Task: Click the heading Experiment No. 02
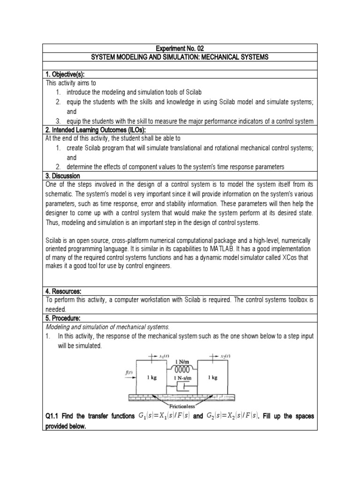coord(180,48)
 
